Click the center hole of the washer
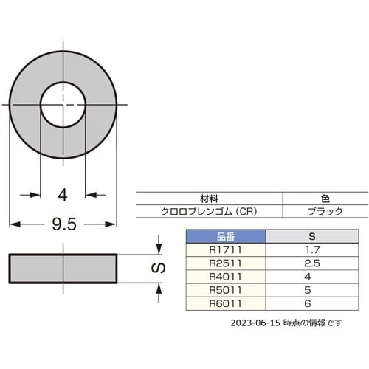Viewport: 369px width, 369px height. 63,104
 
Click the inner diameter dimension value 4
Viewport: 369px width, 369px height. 63,195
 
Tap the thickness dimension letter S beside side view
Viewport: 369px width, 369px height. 156,269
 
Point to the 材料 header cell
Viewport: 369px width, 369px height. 210,199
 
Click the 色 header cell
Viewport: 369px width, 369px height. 325,199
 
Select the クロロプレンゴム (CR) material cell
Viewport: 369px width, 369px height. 210,211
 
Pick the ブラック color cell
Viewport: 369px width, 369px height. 325,211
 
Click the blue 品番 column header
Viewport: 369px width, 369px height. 225,237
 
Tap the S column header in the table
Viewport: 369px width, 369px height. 311,237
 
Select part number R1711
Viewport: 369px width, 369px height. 225,250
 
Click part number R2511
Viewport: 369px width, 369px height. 225,263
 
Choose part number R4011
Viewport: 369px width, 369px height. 225,277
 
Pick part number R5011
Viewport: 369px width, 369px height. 225,290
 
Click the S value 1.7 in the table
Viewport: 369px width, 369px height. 311,250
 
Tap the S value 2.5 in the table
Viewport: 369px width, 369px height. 311,263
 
